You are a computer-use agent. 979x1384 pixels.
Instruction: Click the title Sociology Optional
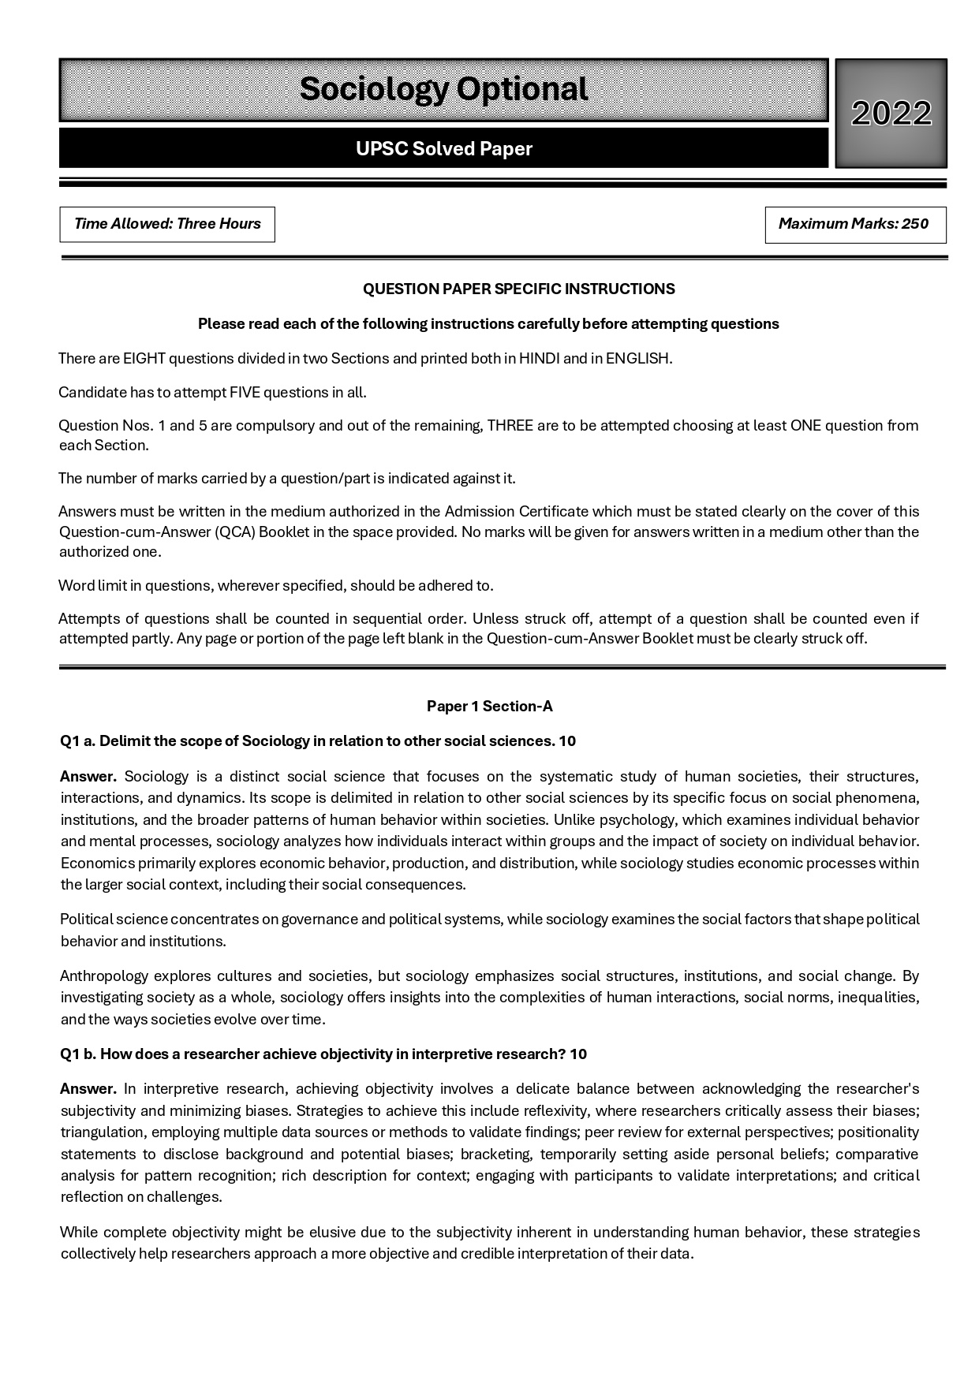443,89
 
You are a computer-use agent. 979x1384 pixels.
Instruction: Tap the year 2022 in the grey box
891,114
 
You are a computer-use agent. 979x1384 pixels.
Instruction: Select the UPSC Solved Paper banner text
443,149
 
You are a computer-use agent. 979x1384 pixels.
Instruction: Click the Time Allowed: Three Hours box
167,224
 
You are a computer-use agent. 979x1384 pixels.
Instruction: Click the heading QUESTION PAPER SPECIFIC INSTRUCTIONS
518,289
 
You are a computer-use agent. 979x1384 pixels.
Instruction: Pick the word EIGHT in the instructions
144,359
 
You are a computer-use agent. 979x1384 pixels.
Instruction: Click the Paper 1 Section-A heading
489,707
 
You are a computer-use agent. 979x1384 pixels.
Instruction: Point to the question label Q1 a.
77,741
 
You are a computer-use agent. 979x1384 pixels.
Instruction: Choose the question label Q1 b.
77,1054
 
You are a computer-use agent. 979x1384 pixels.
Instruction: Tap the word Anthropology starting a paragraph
103,976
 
